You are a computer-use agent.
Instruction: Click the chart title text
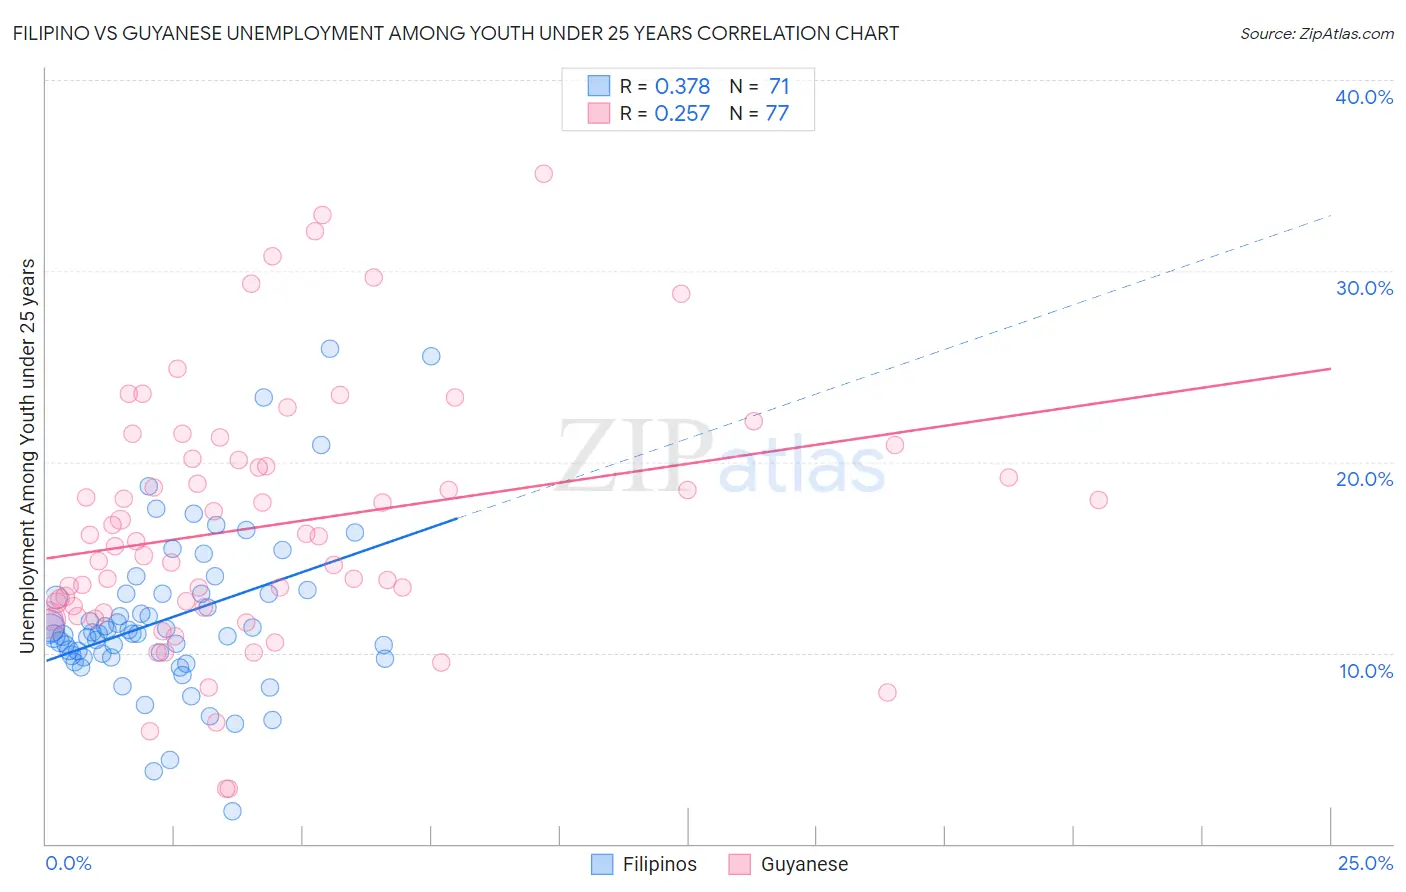[456, 34]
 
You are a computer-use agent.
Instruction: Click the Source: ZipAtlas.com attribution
[1316, 34]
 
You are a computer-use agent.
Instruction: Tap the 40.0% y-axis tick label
[1364, 97]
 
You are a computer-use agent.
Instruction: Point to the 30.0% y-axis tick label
[1364, 288]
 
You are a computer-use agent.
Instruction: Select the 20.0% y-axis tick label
[1364, 479]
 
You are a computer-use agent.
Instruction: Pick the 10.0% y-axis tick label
[1366, 671]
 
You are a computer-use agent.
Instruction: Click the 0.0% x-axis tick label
[68, 863]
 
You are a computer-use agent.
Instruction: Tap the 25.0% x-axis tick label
[1365, 863]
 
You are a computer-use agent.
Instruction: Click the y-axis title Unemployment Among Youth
[28, 456]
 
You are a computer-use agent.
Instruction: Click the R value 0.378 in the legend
[682, 87]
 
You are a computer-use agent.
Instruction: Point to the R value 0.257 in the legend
[682, 114]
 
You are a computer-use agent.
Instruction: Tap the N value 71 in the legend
[779, 87]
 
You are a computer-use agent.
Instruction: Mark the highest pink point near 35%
[543, 174]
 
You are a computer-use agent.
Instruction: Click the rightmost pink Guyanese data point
[1098, 500]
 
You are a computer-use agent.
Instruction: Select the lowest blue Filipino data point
[232, 811]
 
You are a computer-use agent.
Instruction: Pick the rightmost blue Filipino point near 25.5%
[431, 356]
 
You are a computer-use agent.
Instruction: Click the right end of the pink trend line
[1330, 369]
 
